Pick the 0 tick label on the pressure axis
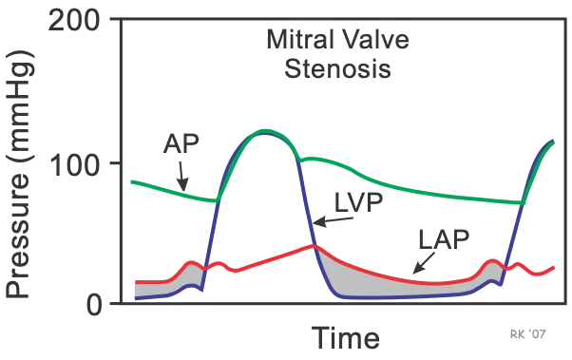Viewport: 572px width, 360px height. pos(89,306)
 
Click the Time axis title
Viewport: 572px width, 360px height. pos(344,335)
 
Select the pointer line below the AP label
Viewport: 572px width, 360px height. pos(180,174)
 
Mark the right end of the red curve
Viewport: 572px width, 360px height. pos(555,269)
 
